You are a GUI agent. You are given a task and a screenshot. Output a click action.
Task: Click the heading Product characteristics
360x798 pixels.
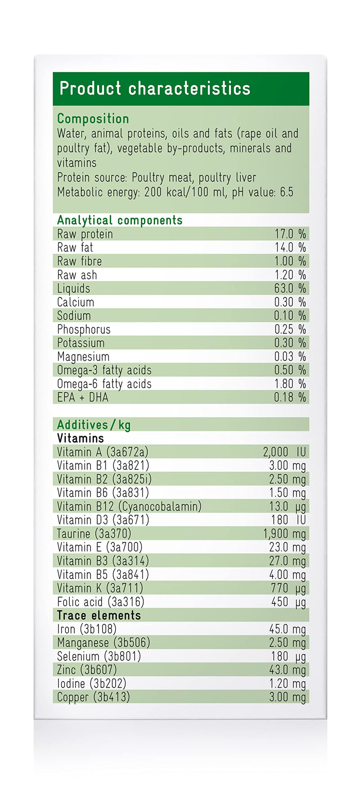coord(155,88)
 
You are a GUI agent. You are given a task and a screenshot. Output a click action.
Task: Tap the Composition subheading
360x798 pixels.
coord(93,119)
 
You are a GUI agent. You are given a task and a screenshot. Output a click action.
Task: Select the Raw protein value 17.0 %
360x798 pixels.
coord(290,234)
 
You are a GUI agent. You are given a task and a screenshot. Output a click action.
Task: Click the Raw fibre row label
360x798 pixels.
coord(80,261)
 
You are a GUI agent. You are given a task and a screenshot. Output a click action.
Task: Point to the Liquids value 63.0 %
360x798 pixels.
coord(290,289)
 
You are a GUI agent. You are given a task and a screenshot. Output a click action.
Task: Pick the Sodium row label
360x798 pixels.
coord(74,316)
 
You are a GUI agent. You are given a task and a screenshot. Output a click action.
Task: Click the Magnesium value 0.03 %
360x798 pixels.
coord(290,356)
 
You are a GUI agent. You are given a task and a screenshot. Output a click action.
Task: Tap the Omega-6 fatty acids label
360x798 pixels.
coord(104,384)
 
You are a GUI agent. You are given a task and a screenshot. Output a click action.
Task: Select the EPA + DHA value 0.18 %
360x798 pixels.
coord(290,397)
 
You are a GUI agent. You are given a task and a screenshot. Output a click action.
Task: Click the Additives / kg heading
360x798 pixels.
coord(94,425)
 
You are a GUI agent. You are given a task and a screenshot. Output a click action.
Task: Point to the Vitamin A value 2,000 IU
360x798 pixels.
coord(284,452)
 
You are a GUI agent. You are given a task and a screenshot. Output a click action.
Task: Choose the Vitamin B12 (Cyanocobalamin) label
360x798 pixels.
coord(129,506)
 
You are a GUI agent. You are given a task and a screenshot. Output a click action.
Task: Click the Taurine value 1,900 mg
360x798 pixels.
coord(284,534)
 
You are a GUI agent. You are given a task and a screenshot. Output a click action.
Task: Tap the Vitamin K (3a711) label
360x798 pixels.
coord(100,588)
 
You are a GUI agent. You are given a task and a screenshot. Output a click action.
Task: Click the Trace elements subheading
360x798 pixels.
coord(99,615)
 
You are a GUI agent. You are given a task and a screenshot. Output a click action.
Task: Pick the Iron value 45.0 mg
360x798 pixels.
coord(288,629)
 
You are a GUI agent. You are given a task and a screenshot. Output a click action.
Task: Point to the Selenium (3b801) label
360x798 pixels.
coord(99,656)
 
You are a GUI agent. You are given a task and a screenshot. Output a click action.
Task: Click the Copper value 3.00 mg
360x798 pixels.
coord(288,697)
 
